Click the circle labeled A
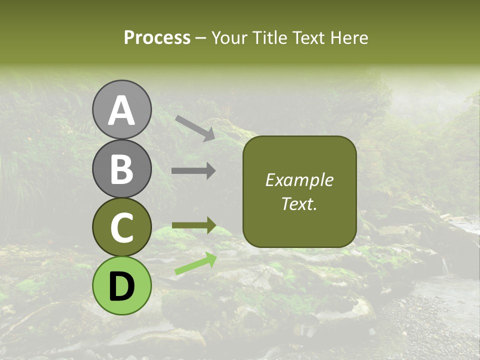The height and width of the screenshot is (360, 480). (121, 109)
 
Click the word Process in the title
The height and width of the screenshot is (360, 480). (157, 37)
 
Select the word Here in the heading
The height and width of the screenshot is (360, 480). (350, 37)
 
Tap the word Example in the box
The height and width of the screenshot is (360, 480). (299, 180)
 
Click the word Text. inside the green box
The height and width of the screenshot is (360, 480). (299, 203)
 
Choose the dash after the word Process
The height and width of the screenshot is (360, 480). (201, 38)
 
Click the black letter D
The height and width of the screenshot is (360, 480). (121, 286)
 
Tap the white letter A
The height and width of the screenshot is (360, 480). (121, 110)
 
